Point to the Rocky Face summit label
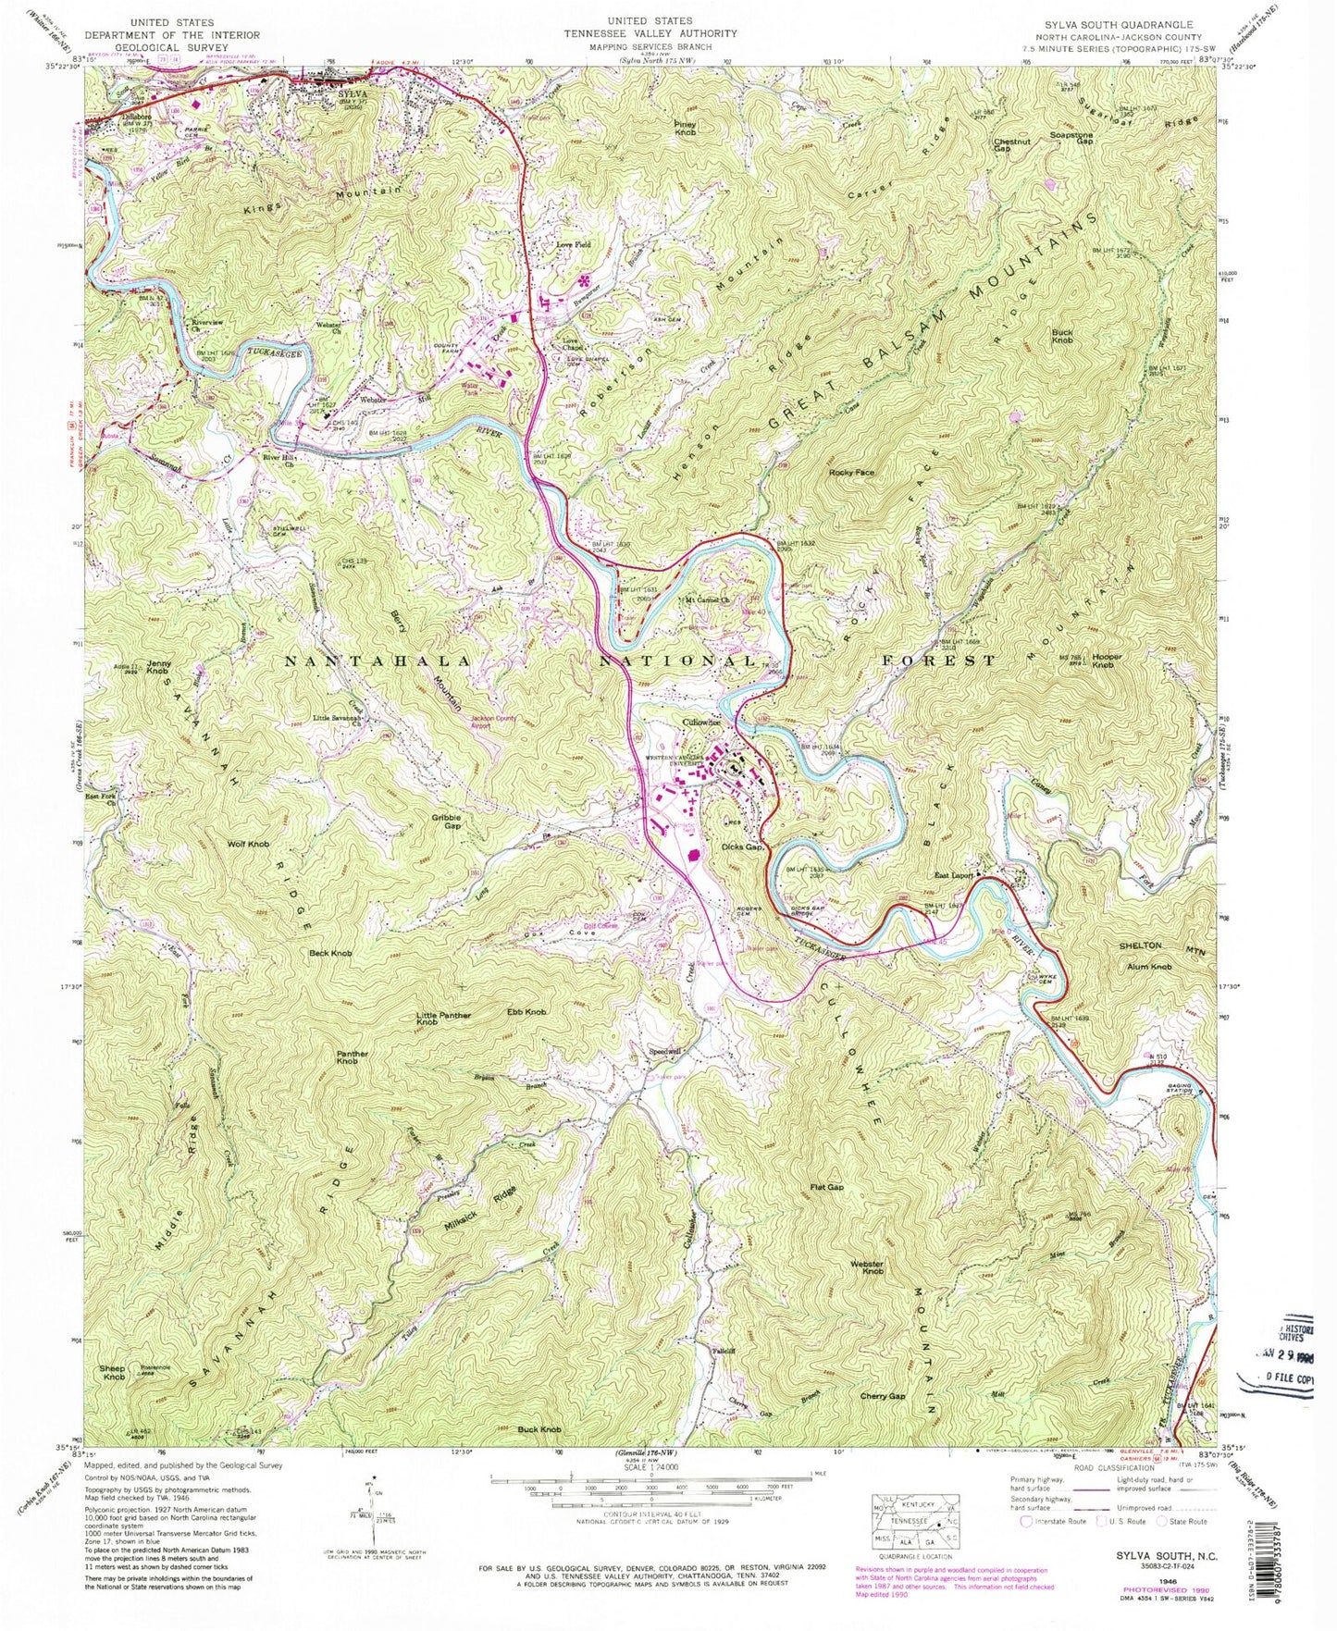851,473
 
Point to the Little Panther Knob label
443,1019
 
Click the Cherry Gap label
882,1396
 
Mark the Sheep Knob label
114,1373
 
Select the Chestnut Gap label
1011,146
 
